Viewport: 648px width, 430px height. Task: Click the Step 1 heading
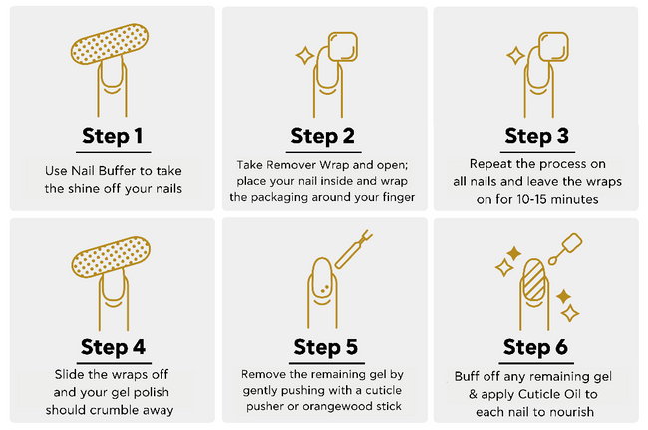click(113, 136)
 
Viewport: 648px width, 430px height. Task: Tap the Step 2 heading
click(322, 136)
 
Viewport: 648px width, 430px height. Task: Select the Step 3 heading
click(536, 136)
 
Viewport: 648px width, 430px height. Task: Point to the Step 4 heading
click(113, 347)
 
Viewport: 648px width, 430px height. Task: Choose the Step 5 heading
click(326, 347)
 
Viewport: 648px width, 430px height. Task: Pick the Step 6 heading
click(535, 347)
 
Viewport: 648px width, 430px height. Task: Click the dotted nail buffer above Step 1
click(110, 44)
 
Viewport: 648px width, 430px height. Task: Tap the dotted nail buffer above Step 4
click(111, 256)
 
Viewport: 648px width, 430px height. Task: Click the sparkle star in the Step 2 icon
click(305, 56)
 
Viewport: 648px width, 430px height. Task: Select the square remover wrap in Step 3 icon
click(553, 47)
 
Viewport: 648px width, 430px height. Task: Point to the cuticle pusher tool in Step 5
click(353, 249)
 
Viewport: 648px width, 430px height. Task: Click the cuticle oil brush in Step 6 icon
click(565, 248)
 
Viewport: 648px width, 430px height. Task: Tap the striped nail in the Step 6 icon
click(534, 279)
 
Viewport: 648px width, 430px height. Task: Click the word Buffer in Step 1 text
click(111, 171)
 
